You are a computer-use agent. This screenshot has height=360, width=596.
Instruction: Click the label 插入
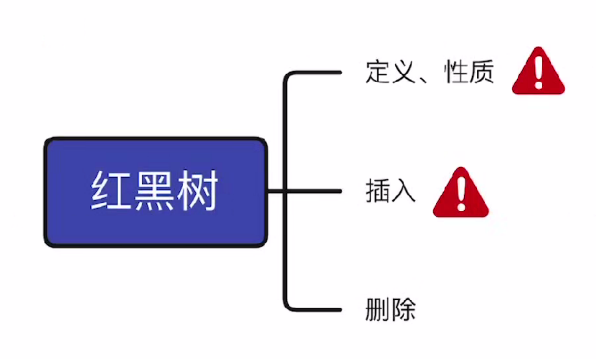click(x=390, y=191)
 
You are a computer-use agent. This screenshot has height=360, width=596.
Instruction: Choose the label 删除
click(x=390, y=309)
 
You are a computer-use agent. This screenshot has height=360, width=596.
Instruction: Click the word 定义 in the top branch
click(x=390, y=72)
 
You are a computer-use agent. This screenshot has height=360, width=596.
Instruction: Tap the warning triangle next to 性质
click(x=538, y=72)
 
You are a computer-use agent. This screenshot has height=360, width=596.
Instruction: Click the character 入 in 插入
click(x=403, y=191)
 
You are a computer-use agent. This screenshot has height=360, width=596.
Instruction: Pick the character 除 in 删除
click(x=403, y=309)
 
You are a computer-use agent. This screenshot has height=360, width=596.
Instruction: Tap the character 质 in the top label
click(x=482, y=72)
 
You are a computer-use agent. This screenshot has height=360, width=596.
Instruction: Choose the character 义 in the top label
click(x=403, y=72)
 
